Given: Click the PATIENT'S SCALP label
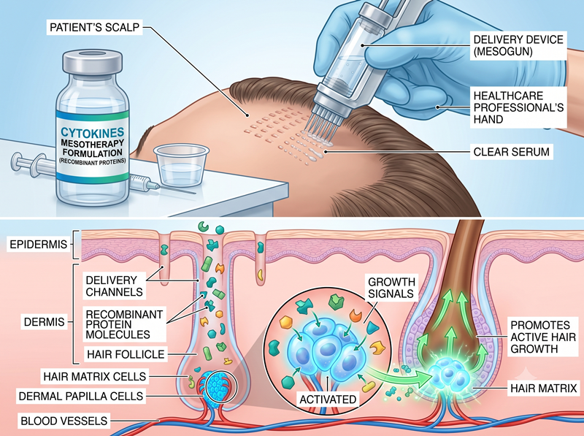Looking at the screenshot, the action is tap(94, 27).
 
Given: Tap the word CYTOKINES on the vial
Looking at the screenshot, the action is tap(93, 132).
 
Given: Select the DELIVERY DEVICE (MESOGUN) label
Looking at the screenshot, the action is tap(518, 45).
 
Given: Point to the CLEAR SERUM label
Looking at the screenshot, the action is tap(512, 152).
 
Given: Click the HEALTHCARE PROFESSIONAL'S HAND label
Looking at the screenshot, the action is tap(518, 107).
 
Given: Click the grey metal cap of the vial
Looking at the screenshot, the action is tap(93, 63).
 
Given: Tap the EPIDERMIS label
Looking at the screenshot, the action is tap(39, 245).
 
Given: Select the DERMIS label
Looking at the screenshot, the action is tap(44, 321).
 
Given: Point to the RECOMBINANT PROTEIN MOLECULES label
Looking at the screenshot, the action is tap(124, 324).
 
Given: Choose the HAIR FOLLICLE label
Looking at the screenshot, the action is tap(126, 353).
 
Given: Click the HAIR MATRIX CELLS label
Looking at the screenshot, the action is tap(95, 376).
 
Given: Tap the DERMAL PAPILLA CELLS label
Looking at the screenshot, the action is tap(81, 396).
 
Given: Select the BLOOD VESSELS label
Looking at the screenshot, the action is tap(64, 421).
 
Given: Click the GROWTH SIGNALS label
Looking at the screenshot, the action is tap(391, 287).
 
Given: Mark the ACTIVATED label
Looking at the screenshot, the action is tap(328, 399).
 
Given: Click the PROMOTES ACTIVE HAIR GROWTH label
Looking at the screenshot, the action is tap(543, 337).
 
